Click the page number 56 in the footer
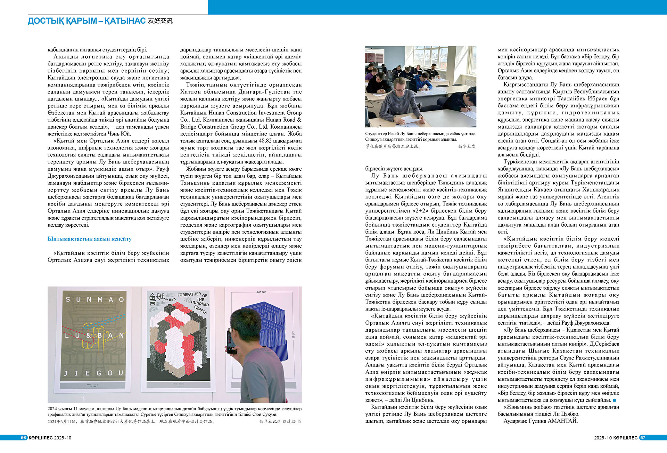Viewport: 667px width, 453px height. point(24,438)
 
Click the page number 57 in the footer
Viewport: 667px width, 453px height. point(643,438)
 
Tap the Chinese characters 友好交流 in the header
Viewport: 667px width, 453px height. point(160,21)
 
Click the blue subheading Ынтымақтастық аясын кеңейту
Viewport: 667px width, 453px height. point(90,239)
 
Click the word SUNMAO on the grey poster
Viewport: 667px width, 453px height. point(94,299)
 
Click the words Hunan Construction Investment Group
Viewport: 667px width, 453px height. point(255,113)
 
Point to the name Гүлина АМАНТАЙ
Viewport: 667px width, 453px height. point(558,421)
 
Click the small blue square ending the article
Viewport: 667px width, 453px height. point(614,401)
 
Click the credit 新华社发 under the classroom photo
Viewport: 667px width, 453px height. point(467,146)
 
